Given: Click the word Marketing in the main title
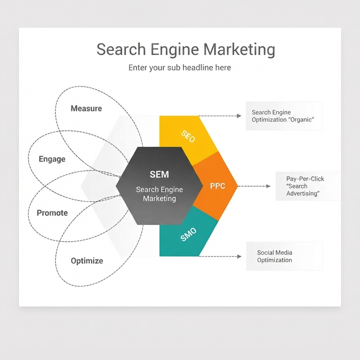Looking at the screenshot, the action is pos(239,49).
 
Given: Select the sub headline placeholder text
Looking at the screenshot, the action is pos(180,68).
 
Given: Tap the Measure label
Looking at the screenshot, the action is pos(86,108).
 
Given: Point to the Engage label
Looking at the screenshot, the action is pos(52,159).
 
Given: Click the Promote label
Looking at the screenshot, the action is pos(52,213).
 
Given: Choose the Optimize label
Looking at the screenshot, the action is pos(87,261).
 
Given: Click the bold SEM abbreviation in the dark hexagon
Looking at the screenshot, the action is pos(159,174).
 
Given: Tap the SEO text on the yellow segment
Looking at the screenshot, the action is pos(188,136).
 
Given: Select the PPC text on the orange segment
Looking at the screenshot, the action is pos(217,186).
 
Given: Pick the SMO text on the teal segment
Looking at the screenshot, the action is pos(189,234).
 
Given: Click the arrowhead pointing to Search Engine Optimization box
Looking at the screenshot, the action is pos(239,116).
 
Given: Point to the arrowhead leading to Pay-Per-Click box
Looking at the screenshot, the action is pos(268,186).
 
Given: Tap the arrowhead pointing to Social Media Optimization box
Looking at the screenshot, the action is pos(239,256).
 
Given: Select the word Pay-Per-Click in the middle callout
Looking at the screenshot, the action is pos(305,179).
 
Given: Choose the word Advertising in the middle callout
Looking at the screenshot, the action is pos(303,193).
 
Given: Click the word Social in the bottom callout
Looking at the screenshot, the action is pos(265,252).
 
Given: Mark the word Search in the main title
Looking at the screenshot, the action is pos(121,49).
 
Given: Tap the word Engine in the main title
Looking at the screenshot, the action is pos(175,50).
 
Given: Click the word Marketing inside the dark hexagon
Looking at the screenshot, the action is pos(160,199).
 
